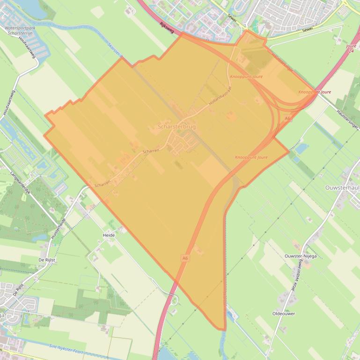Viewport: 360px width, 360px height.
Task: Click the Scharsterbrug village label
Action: pyautogui.click(x=177, y=127)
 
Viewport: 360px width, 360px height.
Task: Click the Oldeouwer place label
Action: pyautogui.click(x=284, y=314)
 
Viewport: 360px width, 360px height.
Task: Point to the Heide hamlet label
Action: pyautogui.click(x=109, y=235)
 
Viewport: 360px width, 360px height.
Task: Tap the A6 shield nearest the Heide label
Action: pyautogui.click(x=185, y=258)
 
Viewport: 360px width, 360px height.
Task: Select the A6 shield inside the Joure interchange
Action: pyautogui.click(x=287, y=119)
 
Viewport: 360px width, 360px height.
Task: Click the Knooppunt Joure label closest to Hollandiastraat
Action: pyautogui.click(x=246, y=76)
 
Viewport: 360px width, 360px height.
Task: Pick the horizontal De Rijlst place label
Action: pyautogui.click(x=47, y=259)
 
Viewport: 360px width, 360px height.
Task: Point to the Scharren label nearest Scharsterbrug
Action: pyautogui.click(x=151, y=151)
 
